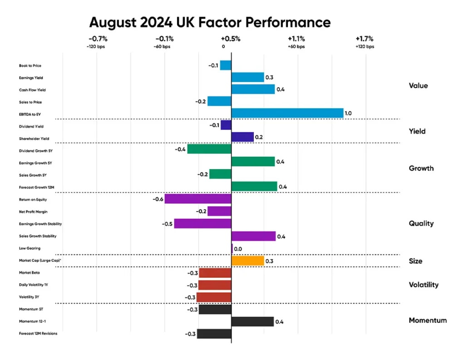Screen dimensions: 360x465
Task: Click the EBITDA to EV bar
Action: (x=287, y=113)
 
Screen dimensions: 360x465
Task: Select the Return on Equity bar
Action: (x=198, y=199)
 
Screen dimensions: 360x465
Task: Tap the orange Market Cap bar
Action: (x=247, y=261)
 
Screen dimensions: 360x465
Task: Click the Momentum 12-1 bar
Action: (x=252, y=322)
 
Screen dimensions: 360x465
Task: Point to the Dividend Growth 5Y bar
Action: (x=209, y=149)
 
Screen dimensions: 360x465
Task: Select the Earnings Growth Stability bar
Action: (x=203, y=224)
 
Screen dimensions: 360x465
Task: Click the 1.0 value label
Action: (x=350, y=113)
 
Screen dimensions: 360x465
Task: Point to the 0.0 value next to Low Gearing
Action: (x=237, y=249)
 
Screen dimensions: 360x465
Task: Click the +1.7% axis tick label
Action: (x=364, y=39)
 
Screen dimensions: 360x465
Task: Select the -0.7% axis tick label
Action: (x=98, y=39)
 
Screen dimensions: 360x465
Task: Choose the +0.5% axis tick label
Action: (x=231, y=39)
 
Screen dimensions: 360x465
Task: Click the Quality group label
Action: (x=421, y=224)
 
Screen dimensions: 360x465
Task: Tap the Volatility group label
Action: (x=424, y=285)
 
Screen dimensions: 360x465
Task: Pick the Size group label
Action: (x=415, y=261)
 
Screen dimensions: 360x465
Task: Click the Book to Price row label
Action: (x=30, y=66)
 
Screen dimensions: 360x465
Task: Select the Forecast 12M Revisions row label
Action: (x=38, y=334)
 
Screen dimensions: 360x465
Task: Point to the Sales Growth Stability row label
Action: (x=38, y=236)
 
